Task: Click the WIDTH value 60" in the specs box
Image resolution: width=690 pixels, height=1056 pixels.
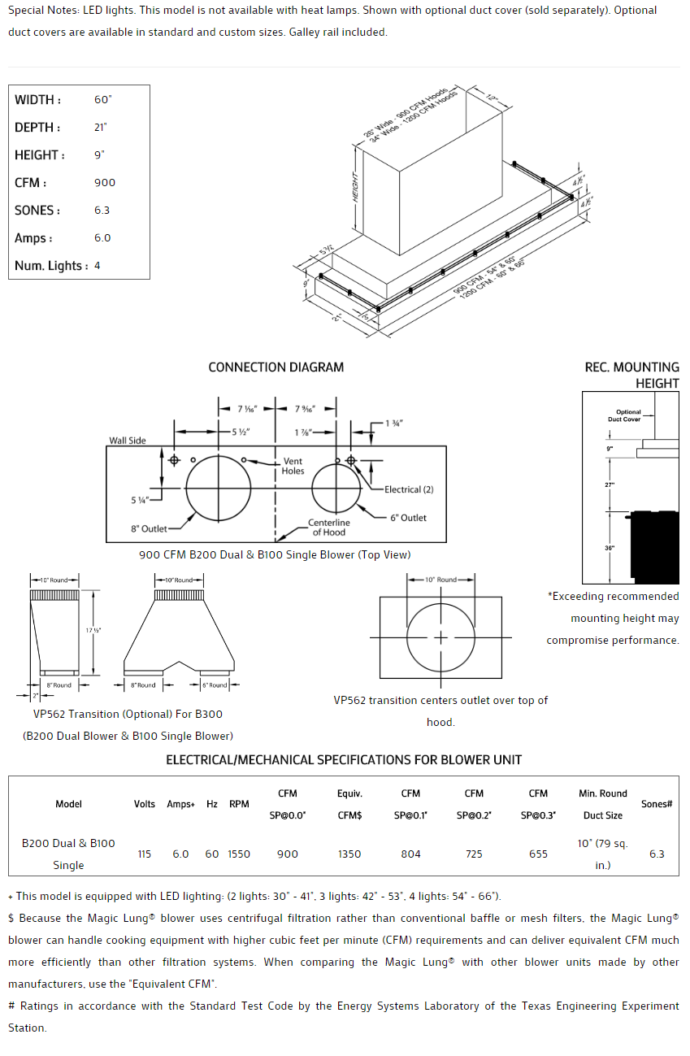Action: [102, 100]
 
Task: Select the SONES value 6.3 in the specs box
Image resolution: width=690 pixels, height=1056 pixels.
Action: [102, 211]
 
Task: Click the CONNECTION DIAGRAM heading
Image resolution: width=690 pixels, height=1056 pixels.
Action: [276, 367]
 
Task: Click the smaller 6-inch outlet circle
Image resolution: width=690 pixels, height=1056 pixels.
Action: [336, 489]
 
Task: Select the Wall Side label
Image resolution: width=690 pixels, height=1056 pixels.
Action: [128, 441]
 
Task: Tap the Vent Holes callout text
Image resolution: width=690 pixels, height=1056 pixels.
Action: [293, 466]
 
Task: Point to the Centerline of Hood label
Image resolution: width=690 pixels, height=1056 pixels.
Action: [328, 528]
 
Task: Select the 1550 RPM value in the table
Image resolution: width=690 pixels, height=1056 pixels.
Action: [239, 854]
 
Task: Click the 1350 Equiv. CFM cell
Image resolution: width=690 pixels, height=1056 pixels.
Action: [349, 854]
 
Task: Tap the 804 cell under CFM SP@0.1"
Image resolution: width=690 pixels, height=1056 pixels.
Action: [411, 854]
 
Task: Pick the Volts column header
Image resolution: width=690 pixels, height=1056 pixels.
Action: [145, 804]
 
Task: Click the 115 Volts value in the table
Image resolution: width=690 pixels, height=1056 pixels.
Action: [145, 854]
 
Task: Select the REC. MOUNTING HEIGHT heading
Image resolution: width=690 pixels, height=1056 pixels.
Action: [631, 375]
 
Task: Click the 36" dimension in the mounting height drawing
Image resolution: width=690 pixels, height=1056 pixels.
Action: [610, 549]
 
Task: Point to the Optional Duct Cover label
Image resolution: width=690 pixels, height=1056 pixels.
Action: [628, 415]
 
